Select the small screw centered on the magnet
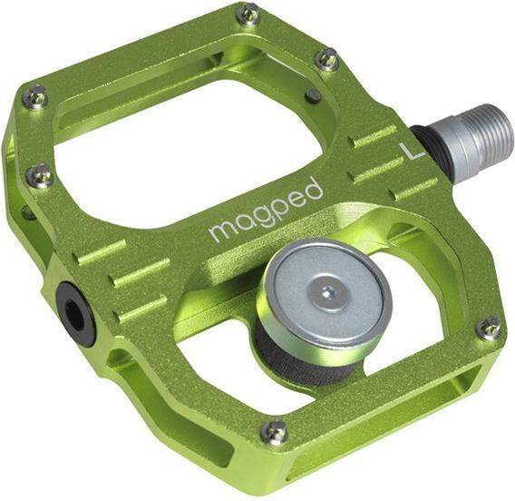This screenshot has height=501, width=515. [326, 292]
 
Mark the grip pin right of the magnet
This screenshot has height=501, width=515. [488, 328]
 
